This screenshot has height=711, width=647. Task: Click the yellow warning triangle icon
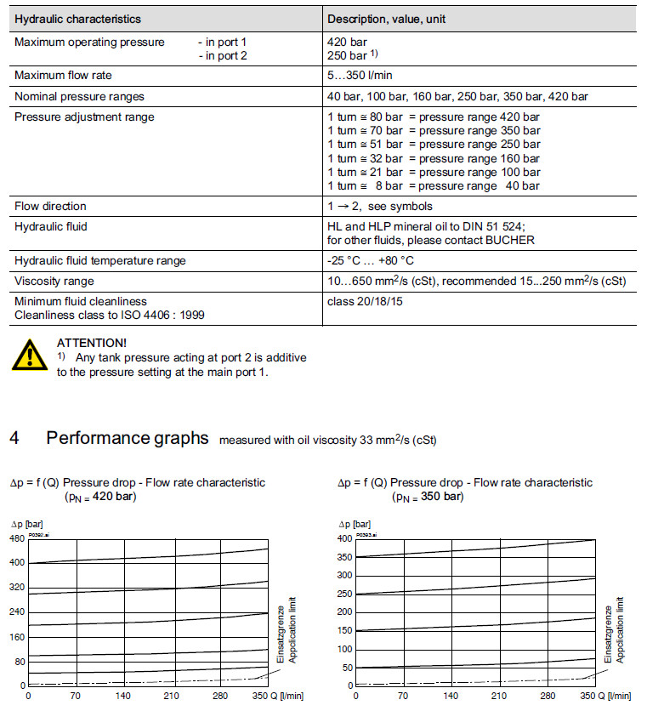[x=30, y=355]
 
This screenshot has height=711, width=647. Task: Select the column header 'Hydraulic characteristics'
[x=77, y=19]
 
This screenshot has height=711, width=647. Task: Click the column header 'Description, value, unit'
[x=386, y=19]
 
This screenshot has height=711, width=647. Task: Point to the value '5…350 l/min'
[x=360, y=76]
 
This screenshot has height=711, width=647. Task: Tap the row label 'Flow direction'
[x=50, y=206]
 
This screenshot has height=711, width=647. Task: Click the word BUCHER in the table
[x=509, y=240]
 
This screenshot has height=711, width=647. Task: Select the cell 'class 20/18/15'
[x=365, y=301]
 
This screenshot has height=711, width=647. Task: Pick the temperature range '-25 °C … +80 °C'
[x=372, y=260]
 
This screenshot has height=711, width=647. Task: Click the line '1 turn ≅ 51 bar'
[x=364, y=145]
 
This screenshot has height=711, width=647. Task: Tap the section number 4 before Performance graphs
[x=14, y=438]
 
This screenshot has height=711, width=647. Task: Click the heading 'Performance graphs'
[x=128, y=438]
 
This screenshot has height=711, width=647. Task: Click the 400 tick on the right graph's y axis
[x=345, y=538]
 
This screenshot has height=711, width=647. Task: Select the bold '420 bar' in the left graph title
[x=115, y=497]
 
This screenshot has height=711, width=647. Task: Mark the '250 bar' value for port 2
[x=346, y=55]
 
